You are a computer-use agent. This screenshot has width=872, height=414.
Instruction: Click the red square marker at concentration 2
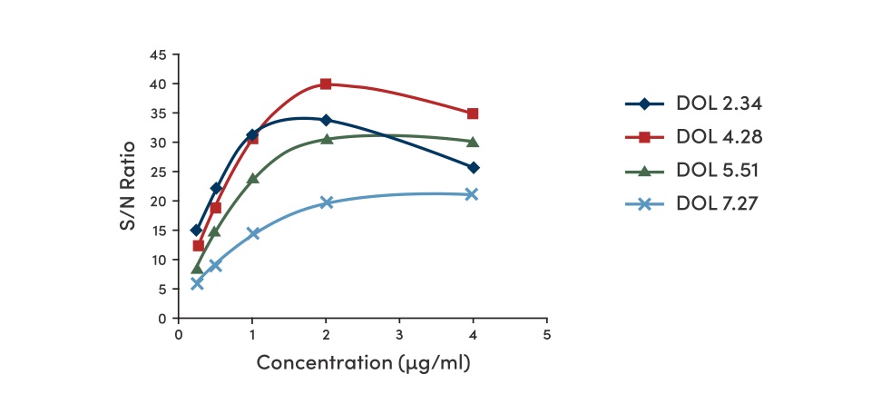(x=326, y=84)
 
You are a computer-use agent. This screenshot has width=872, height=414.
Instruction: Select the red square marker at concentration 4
(x=473, y=113)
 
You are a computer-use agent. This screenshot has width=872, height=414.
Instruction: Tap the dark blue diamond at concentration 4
(x=473, y=168)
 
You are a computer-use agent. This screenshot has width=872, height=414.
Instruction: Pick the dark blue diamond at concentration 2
(x=326, y=120)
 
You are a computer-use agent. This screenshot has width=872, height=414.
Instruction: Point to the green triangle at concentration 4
(x=473, y=142)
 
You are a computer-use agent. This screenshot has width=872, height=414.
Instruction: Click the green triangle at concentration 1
(x=252, y=179)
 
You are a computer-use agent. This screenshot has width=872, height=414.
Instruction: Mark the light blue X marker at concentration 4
(x=472, y=194)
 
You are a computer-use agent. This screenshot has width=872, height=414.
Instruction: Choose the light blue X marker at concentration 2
(x=326, y=202)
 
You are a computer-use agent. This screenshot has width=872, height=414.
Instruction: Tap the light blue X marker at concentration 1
(x=252, y=233)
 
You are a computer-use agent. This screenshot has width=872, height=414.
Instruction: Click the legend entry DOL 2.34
(x=718, y=103)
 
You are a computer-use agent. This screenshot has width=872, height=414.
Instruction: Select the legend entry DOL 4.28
(x=718, y=137)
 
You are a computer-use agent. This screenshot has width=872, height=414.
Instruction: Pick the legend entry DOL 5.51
(x=718, y=171)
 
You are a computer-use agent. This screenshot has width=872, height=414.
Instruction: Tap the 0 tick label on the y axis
(x=162, y=318)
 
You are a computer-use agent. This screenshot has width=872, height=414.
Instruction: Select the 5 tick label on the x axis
(x=546, y=333)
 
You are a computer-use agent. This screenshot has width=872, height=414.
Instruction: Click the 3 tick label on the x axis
(x=399, y=333)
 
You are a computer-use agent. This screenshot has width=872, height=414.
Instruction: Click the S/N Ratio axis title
(x=130, y=185)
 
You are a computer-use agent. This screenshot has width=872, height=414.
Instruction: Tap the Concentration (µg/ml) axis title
(x=363, y=362)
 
